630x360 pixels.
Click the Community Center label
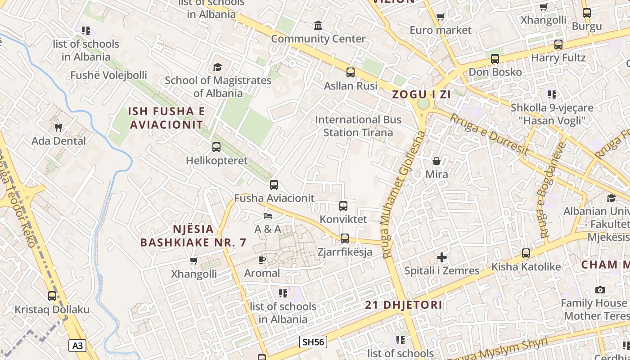point(318,39)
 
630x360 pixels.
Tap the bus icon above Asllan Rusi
point(351,72)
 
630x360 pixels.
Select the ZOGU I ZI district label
point(422,94)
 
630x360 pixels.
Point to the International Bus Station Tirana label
point(358,126)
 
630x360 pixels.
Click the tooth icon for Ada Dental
point(58,128)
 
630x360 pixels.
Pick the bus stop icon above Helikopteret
point(216,147)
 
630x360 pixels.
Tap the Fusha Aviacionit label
point(274,198)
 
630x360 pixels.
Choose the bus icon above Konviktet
point(343,206)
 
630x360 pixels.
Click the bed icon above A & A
point(268,216)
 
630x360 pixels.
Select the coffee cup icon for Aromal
point(262,260)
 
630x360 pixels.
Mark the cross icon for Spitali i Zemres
point(442,257)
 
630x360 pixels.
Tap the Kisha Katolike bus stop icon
point(526,253)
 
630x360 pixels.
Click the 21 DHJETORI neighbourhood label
point(403,305)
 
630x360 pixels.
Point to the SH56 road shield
point(313,342)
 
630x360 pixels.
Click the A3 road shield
point(77,346)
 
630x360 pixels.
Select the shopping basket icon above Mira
point(436,161)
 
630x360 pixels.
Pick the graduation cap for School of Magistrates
point(218,67)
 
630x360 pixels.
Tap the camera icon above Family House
point(600,290)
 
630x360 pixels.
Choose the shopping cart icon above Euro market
point(440,17)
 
